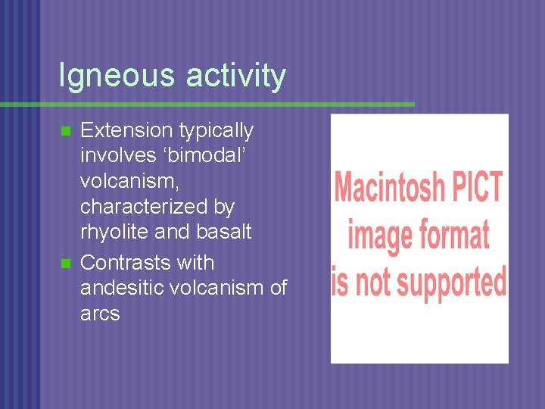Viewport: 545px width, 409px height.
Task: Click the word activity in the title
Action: [235, 76]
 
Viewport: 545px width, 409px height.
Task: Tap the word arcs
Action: [100, 314]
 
